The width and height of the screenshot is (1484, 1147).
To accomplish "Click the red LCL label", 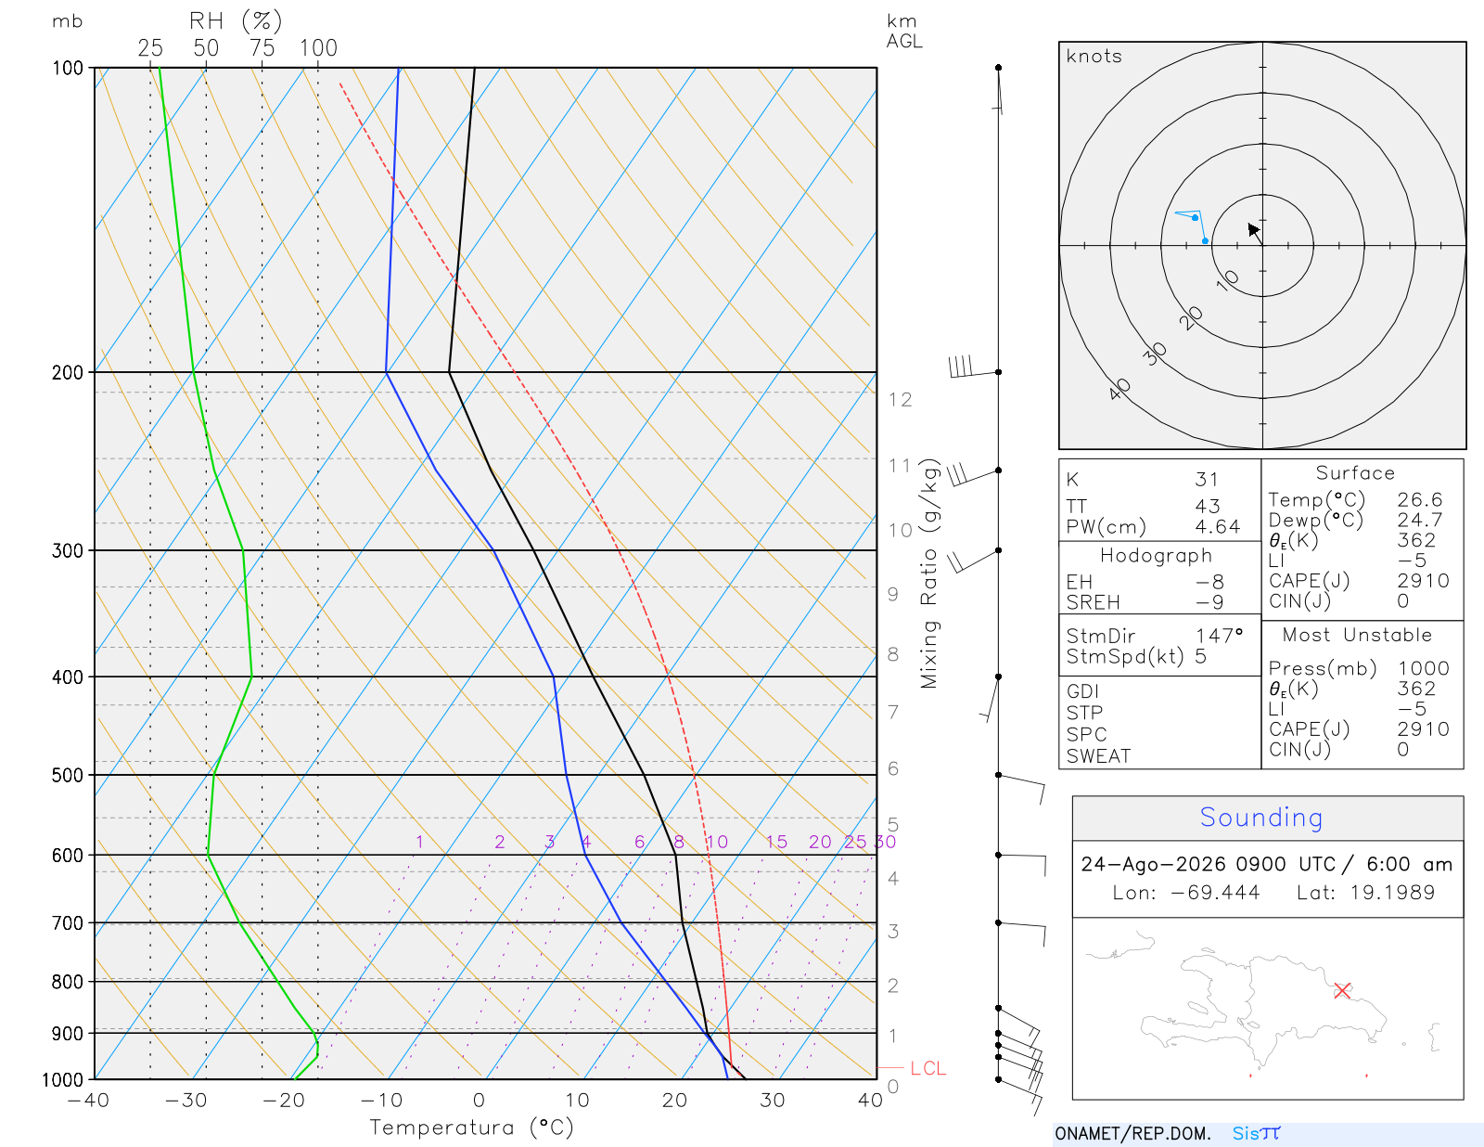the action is tap(927, 1068).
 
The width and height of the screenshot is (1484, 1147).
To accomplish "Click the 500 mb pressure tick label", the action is tap(68, 776).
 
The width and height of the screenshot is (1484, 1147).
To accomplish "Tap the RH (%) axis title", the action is tap(235, 21).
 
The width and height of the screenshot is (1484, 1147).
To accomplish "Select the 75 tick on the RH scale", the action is tap(262, 48).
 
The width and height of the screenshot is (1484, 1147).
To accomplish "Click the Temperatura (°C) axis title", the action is tap(471, 1128).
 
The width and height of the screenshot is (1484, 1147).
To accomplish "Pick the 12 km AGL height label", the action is tap(900, 400).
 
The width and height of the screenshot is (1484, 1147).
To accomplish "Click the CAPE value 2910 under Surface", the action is tap(1423, 581).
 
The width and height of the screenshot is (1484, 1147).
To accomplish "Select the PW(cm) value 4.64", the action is tap(1217, 527).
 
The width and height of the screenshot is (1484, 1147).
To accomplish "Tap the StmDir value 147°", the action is tap(1219, 636).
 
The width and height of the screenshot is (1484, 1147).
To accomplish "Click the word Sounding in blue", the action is tap(1260, 817).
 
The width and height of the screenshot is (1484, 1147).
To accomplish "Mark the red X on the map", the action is tap(1341, 990).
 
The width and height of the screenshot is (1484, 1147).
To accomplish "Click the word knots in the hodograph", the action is tap(1094, 56).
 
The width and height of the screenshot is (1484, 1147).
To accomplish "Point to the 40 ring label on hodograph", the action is tap(1119, 390).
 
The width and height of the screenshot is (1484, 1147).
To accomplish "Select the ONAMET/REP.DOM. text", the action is tap(1132, 1133).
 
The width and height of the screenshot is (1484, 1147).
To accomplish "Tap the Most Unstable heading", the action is tap(1356, 635).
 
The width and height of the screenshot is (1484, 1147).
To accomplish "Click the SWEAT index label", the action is tap(1098, 756).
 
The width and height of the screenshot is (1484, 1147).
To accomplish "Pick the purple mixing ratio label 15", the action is tap(775, 842).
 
